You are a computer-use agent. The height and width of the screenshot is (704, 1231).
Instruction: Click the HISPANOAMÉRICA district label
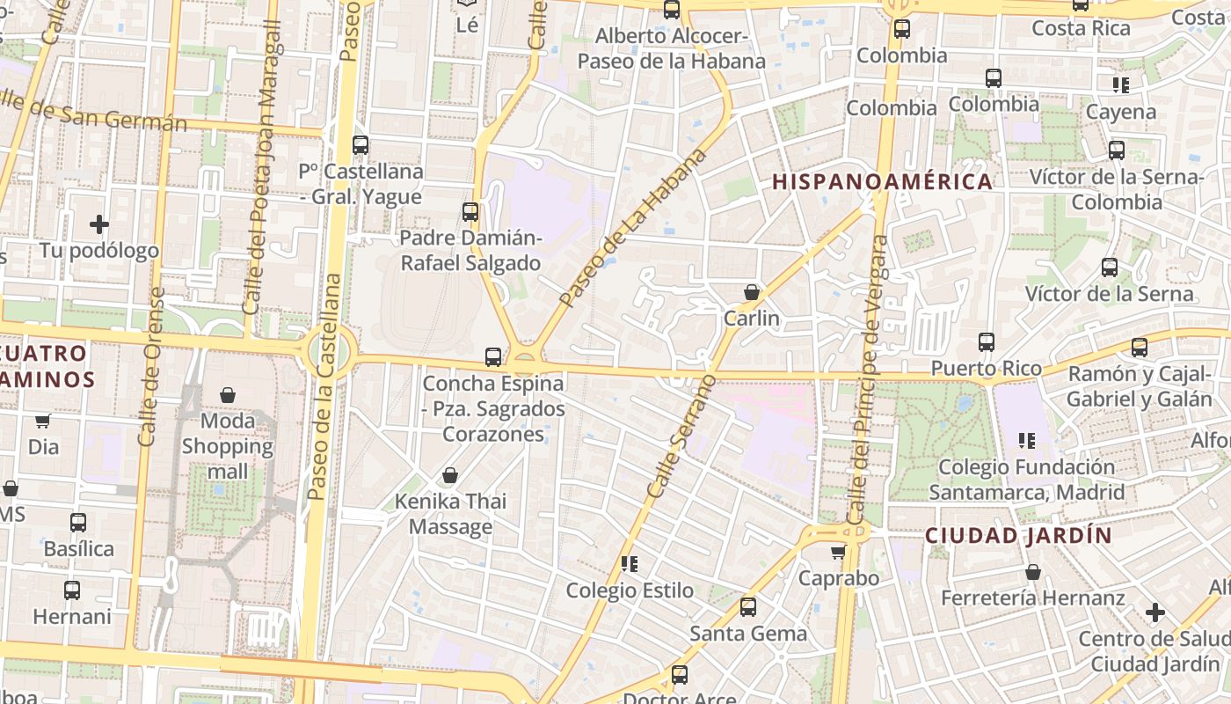pos(882,182)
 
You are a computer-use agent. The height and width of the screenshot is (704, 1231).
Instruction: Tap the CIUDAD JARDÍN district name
pos(1018,535)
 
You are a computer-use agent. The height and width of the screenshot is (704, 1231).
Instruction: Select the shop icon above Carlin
pos(752,292)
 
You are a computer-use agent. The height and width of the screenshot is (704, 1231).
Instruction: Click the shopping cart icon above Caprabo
pos(838,553)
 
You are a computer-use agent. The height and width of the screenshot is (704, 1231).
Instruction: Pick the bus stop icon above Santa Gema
pos(748,607)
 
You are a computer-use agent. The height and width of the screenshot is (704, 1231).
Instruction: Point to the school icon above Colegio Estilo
pos(629,563)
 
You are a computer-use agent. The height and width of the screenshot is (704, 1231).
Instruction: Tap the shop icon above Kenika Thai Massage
pos(450,476)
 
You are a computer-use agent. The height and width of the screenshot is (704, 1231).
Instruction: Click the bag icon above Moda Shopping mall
pos(228,395)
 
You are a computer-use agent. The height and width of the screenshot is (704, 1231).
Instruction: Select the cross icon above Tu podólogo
pos(99,224)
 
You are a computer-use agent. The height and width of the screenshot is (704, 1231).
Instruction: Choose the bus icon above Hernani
pos(72,590)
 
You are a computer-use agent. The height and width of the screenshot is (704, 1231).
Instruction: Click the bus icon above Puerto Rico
pos(987,342)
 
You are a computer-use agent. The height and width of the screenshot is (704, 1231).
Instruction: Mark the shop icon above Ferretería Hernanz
pos(1033,573)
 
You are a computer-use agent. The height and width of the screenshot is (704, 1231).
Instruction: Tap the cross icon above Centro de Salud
pos(1155,612)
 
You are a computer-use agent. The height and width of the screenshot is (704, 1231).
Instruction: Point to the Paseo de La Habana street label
pos(632,228)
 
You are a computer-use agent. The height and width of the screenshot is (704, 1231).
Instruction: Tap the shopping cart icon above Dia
pos(42,422)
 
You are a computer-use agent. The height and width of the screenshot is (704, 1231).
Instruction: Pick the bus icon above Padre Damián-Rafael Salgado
pos(470,212)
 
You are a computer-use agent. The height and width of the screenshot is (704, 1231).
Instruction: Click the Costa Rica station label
pos(1081,28)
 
